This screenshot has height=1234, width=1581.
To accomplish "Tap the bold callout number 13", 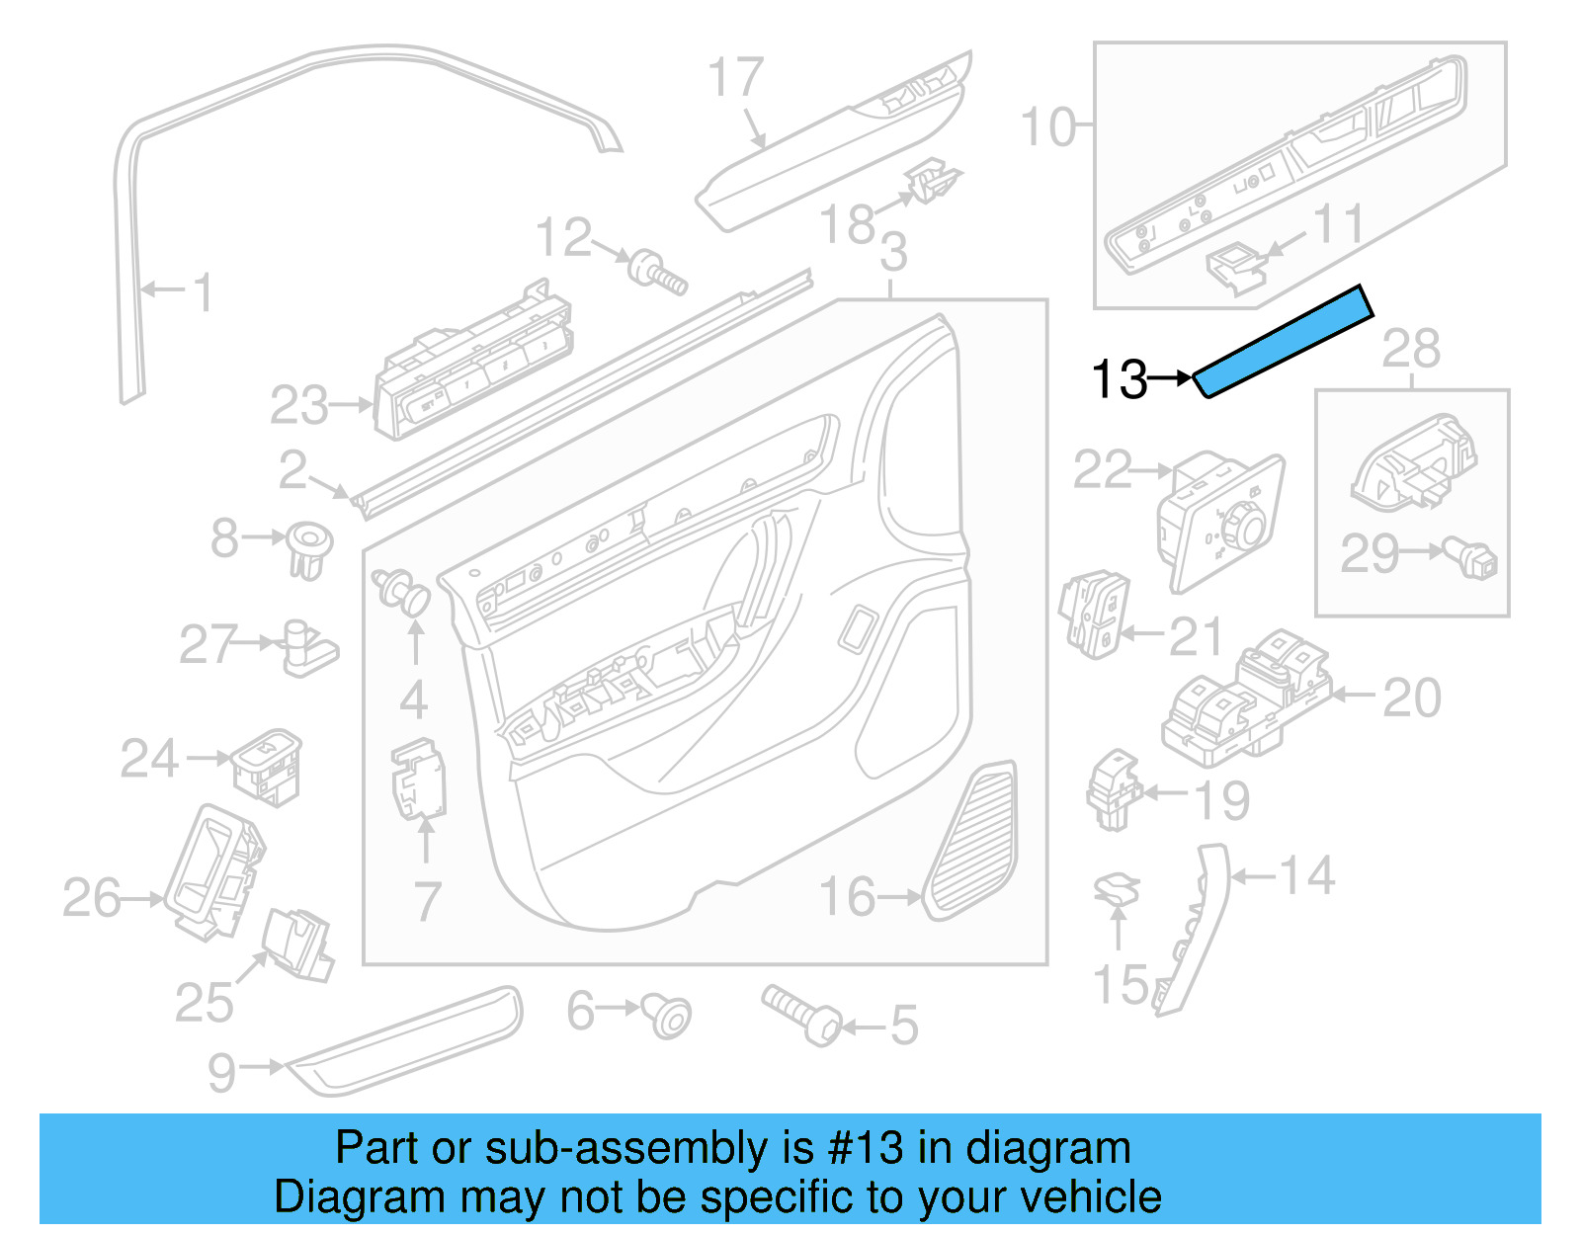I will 1119,379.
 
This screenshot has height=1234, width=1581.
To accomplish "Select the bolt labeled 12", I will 659,272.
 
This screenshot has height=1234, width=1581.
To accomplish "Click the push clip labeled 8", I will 308,549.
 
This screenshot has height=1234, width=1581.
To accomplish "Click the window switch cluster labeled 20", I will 1247,698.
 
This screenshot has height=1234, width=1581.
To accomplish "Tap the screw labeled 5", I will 800,1016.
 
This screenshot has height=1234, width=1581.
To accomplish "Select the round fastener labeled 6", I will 668,1016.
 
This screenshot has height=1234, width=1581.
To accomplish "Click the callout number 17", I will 736,78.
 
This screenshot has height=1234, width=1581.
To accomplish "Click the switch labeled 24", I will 267,767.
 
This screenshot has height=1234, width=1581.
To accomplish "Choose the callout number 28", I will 1410,348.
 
